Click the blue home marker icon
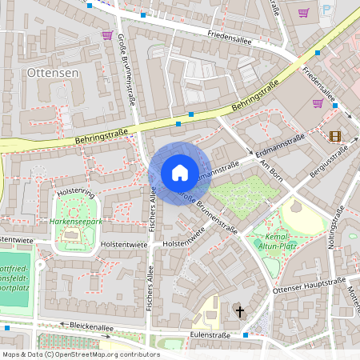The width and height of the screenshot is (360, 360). point(179,172)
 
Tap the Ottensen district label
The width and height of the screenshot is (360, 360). point(52,73)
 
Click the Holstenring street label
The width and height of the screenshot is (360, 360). point(75,193)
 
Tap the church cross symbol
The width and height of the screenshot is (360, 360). point(238,310)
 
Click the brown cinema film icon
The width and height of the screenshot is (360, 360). point(334,135)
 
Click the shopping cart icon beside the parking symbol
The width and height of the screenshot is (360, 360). point(303,12)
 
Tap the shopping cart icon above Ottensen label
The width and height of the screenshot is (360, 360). point(107,35)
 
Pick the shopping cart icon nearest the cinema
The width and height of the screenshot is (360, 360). point(318,102)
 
